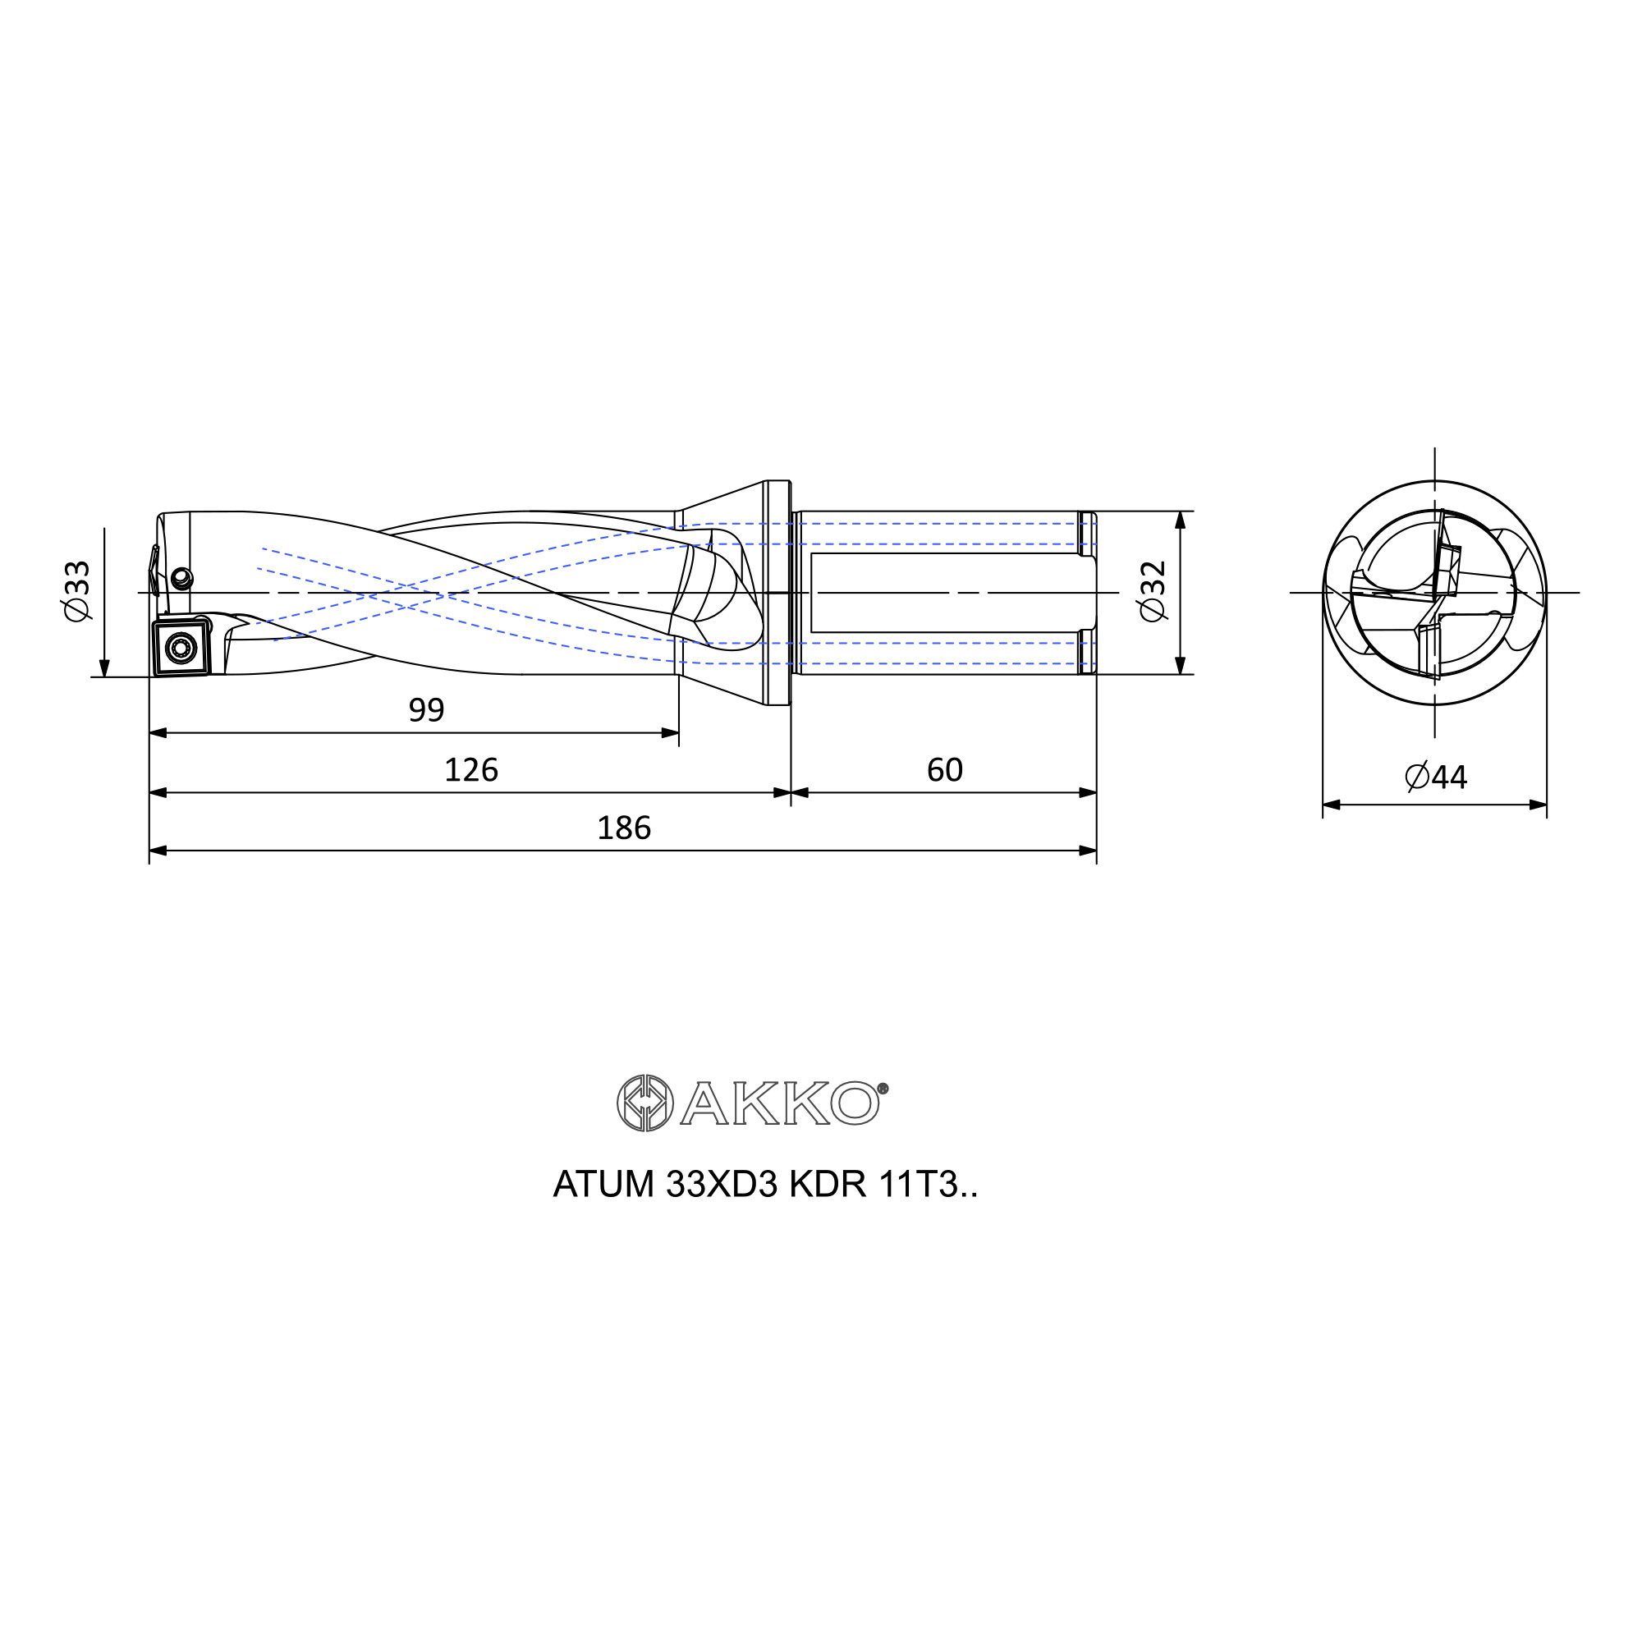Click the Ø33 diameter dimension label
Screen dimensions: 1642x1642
coord(77,590)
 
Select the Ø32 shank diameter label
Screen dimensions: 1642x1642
coord(1154,591)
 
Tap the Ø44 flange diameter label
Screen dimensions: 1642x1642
coord(1435,777)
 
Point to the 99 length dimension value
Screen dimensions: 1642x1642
coord(427,709)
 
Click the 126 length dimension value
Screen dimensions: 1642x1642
coord(470,770)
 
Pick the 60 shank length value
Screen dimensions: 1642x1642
coord(944,770)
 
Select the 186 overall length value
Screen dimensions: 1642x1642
coord(624,828)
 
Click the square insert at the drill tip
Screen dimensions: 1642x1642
coord(181,648)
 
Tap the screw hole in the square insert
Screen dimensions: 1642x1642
coord(180,649)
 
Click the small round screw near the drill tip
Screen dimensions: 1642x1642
coord(182,580)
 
